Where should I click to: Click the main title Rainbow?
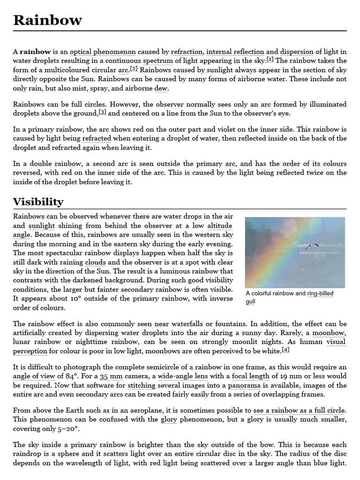tap(47, 20)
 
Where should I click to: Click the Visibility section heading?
tap(38, 202)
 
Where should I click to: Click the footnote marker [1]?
tap(270, 60)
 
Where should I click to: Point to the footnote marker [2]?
tap(134, 69)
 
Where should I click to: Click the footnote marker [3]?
tap(102, 112)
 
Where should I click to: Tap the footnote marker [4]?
tap(285, 350)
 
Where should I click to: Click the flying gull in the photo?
tap(312, 246)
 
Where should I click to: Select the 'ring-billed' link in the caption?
tap(320, 293)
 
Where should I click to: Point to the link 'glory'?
tap(168, 419)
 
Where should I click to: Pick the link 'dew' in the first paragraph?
tap(161, 89)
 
